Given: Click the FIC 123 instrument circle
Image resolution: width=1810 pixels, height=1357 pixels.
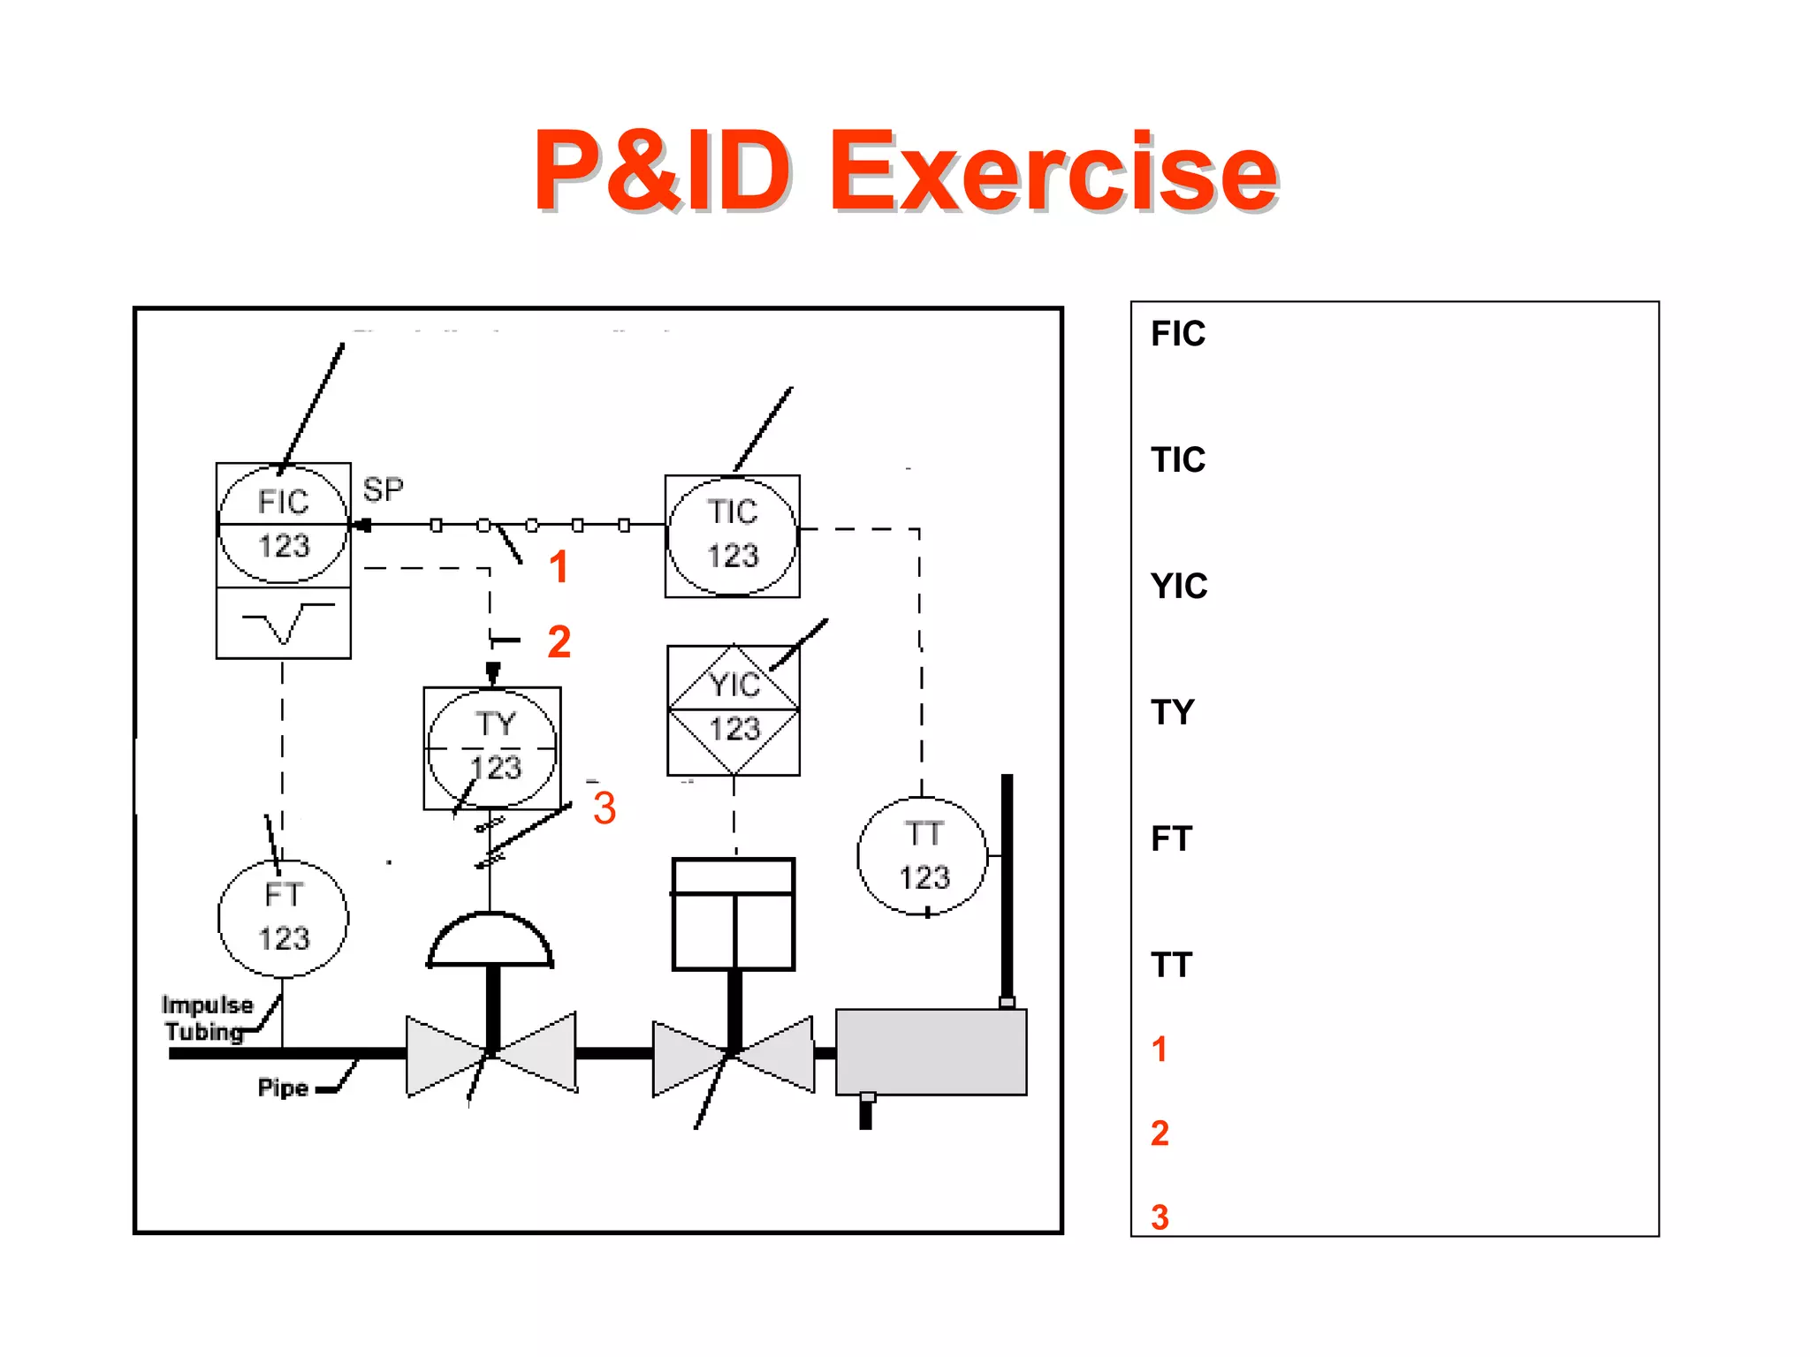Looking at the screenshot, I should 283,524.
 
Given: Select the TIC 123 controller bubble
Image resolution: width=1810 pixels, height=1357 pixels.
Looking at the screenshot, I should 733,535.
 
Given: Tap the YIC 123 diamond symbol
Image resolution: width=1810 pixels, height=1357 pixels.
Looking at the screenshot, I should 734,709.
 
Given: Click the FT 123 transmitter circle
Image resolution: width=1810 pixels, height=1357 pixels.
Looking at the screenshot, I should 283,918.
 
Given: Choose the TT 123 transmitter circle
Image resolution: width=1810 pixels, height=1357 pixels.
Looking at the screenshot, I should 923,855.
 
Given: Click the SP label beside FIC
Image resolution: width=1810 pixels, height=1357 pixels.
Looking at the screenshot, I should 383,489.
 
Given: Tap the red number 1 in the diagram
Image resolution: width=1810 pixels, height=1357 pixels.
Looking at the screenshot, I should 558,566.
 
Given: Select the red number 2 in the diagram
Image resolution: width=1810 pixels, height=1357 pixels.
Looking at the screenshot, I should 559,641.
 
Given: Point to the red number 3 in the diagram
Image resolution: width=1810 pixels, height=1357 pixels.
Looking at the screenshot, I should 605,807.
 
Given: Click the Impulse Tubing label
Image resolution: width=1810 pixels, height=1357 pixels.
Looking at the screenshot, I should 206,1018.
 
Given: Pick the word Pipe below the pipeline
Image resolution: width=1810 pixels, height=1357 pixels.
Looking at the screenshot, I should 283,1088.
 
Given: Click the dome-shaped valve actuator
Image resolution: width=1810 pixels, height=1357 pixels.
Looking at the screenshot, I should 491,942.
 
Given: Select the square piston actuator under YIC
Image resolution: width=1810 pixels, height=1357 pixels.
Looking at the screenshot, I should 734,914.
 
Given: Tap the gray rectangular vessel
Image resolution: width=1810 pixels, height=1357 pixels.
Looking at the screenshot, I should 931,1051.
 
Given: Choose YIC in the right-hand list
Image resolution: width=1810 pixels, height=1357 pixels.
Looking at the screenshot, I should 1179,587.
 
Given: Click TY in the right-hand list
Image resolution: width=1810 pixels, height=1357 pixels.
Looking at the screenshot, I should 1173,712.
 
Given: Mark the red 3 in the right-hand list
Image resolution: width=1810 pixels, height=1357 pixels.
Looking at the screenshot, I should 1160,1217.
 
